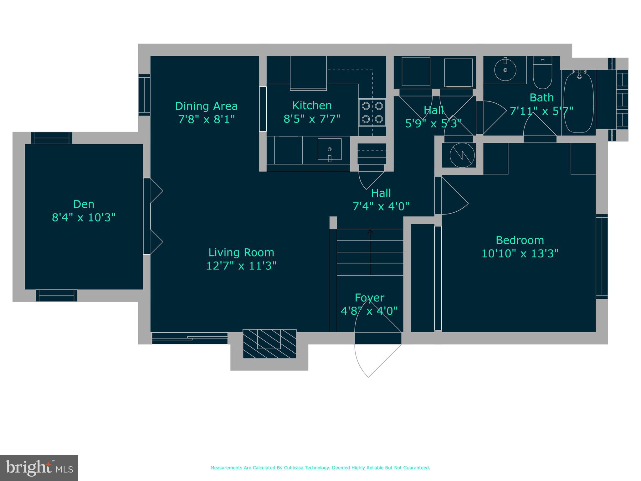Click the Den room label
(84, 204)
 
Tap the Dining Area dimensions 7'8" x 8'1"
(206, 119)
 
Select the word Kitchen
(312, 106)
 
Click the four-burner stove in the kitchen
(372, 112)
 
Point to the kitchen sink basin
(330, 149)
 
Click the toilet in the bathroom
(542, 73)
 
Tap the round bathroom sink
(505, 70)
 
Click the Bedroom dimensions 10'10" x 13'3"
(520, 253)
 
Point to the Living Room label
(241, 252)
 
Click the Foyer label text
(369, 298)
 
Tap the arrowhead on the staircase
(370, 232)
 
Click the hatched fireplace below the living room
(269, 344)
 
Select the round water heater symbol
(462, 155)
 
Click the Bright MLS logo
(39, 468)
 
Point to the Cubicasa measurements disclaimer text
(320, 468)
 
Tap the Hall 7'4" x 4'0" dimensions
(381, 206)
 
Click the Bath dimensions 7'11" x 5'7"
(541, 111)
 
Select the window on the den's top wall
(51, 138)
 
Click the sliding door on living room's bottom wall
(190, 338)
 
